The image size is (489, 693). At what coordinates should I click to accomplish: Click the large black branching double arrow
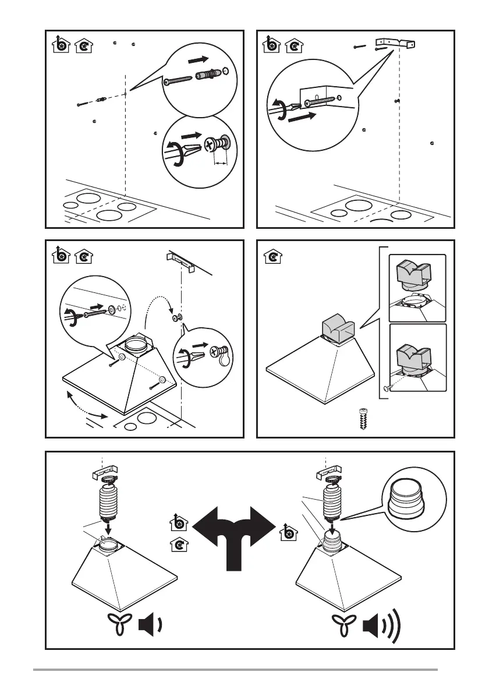coord(233,533)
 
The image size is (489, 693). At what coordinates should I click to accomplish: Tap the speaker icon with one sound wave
coord(149,628)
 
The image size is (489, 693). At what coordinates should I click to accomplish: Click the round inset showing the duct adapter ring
coord(414,500)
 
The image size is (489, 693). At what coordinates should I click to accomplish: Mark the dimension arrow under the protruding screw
coord(220,164)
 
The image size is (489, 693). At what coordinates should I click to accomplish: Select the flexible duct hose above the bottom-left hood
coord(108,500)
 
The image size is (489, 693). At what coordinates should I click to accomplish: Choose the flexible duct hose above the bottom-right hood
coord(332,500)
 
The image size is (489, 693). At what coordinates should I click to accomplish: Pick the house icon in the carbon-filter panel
coord(271,256)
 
